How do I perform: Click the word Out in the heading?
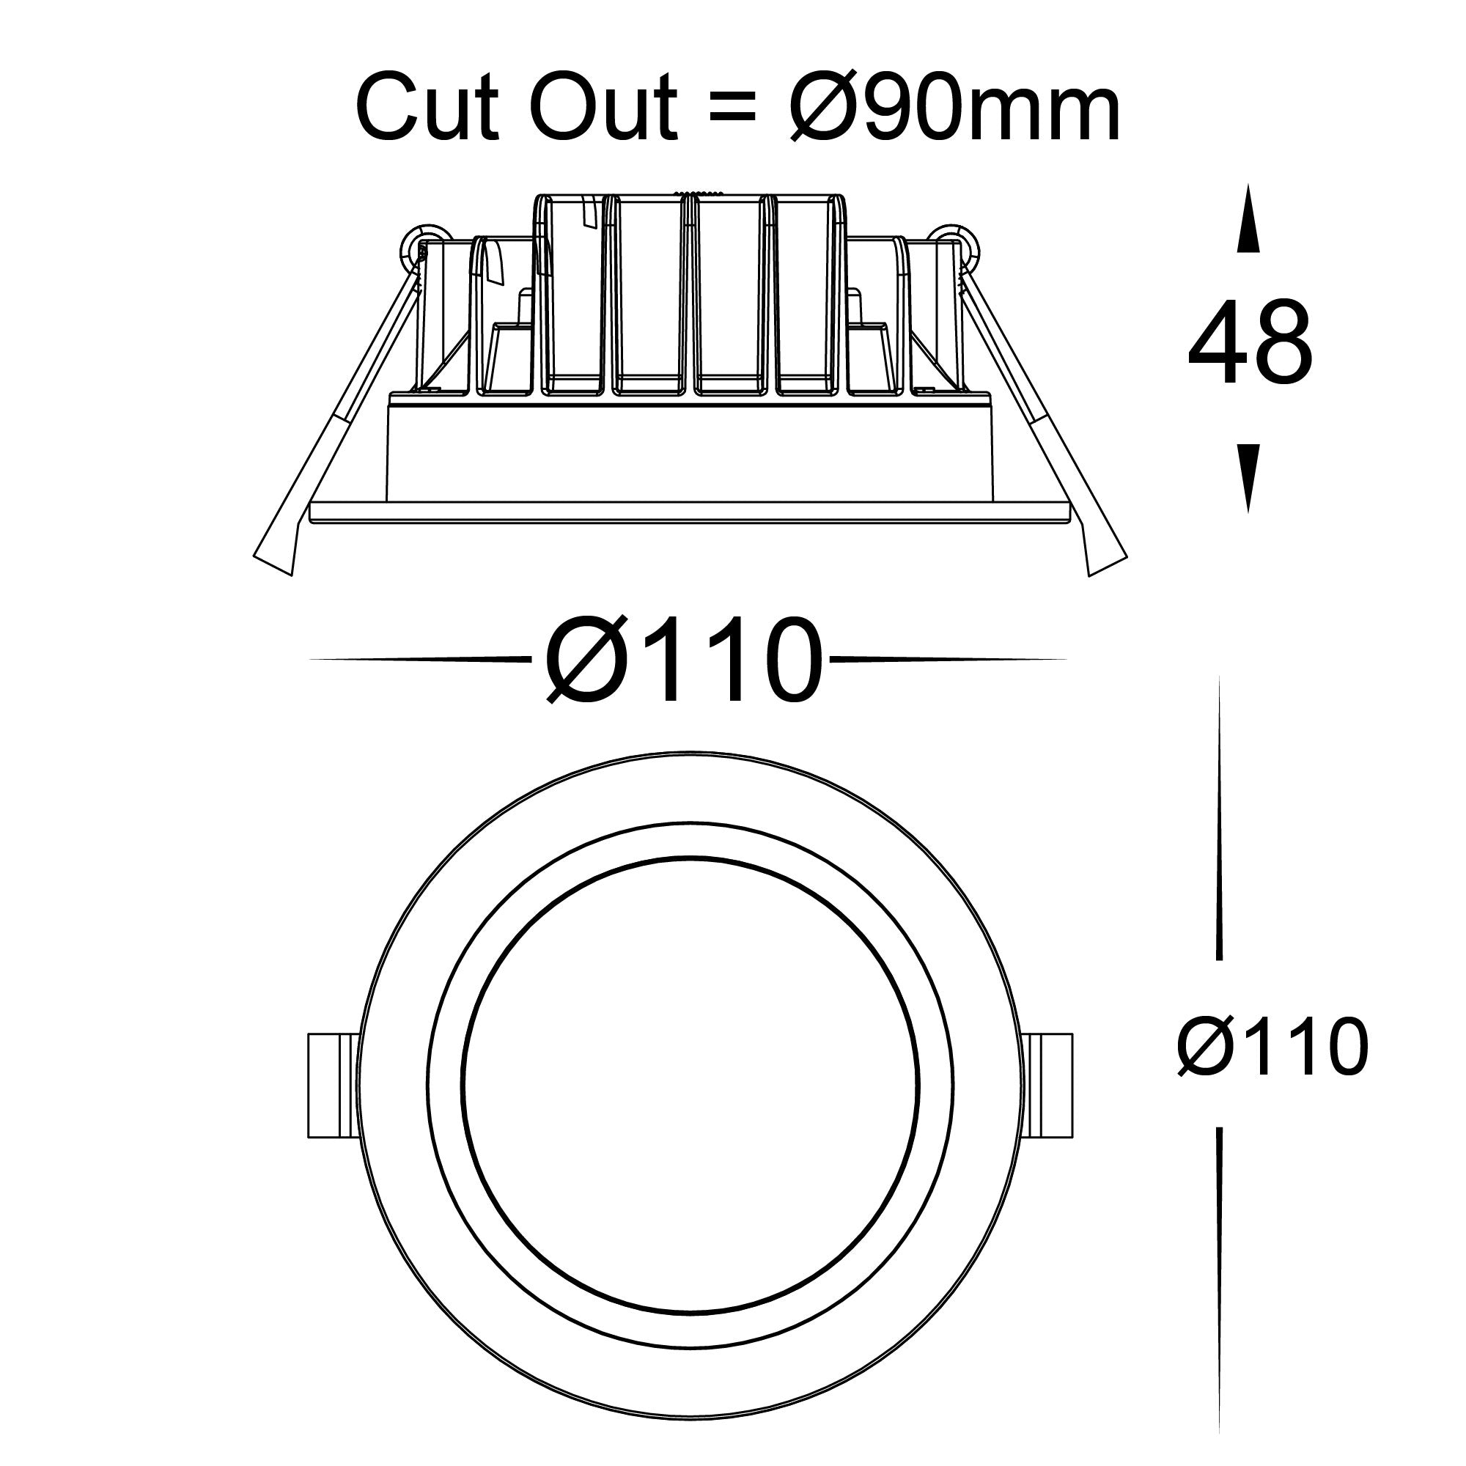click(605, 108)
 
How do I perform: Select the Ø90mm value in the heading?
click(953, 108)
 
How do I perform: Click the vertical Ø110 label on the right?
click(1272, 1048)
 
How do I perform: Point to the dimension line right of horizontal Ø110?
click(949, 660)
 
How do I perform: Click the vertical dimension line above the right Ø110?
click(1219, 819)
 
